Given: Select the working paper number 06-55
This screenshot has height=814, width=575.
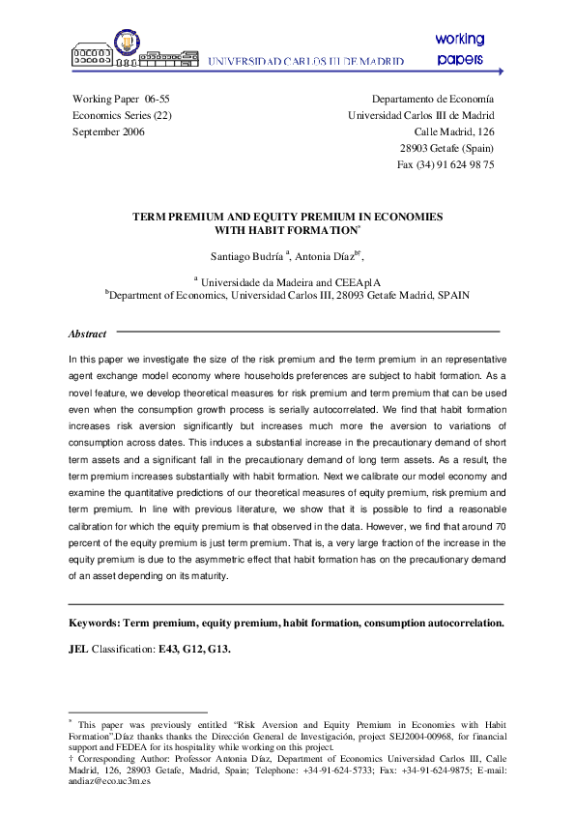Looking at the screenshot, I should pos(158,99).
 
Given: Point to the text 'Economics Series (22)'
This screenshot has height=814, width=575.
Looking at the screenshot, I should pos(122,115).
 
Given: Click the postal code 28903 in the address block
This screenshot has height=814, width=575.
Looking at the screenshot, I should pos(416,148).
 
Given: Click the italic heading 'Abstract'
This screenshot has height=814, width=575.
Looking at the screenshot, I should pos(88,334).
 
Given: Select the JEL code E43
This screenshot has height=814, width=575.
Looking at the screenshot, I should pos(170,649).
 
